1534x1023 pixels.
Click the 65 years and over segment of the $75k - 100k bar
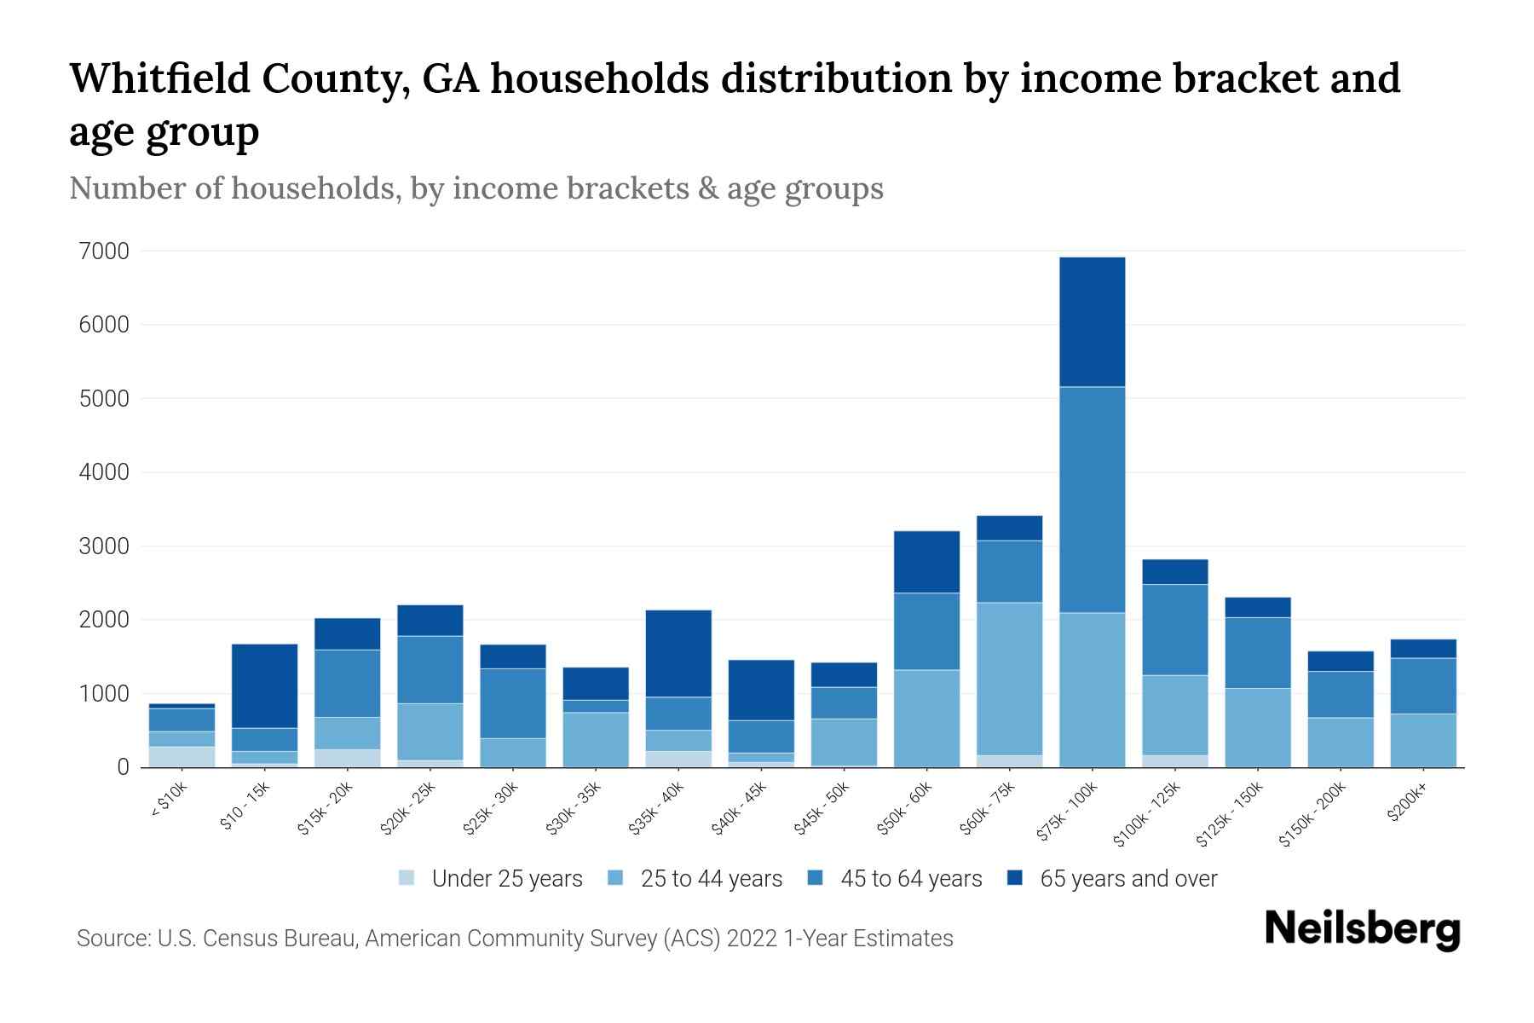pos(1092,322)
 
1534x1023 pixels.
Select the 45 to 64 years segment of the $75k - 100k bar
pos(1092,500)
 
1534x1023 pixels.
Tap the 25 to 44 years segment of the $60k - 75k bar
pos(1009,679)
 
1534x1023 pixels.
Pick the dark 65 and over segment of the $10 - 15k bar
pos(264,685)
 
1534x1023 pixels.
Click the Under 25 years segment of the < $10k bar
pos(182,757)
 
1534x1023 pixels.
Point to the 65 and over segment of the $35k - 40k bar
pos(678,653)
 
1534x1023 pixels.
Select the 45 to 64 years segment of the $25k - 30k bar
pos(513,703)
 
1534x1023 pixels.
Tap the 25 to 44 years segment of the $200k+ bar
pos(1423,740)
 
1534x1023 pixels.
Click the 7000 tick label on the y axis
pos(103,251)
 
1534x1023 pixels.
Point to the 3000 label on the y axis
pos(103,546)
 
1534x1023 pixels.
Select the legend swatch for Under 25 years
pos(407,878)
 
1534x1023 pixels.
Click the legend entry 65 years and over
pos(1127,879)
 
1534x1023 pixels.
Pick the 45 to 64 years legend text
pos(910,879)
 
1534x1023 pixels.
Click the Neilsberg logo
pos(1362,929)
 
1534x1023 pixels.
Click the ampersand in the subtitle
pos(706,188)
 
